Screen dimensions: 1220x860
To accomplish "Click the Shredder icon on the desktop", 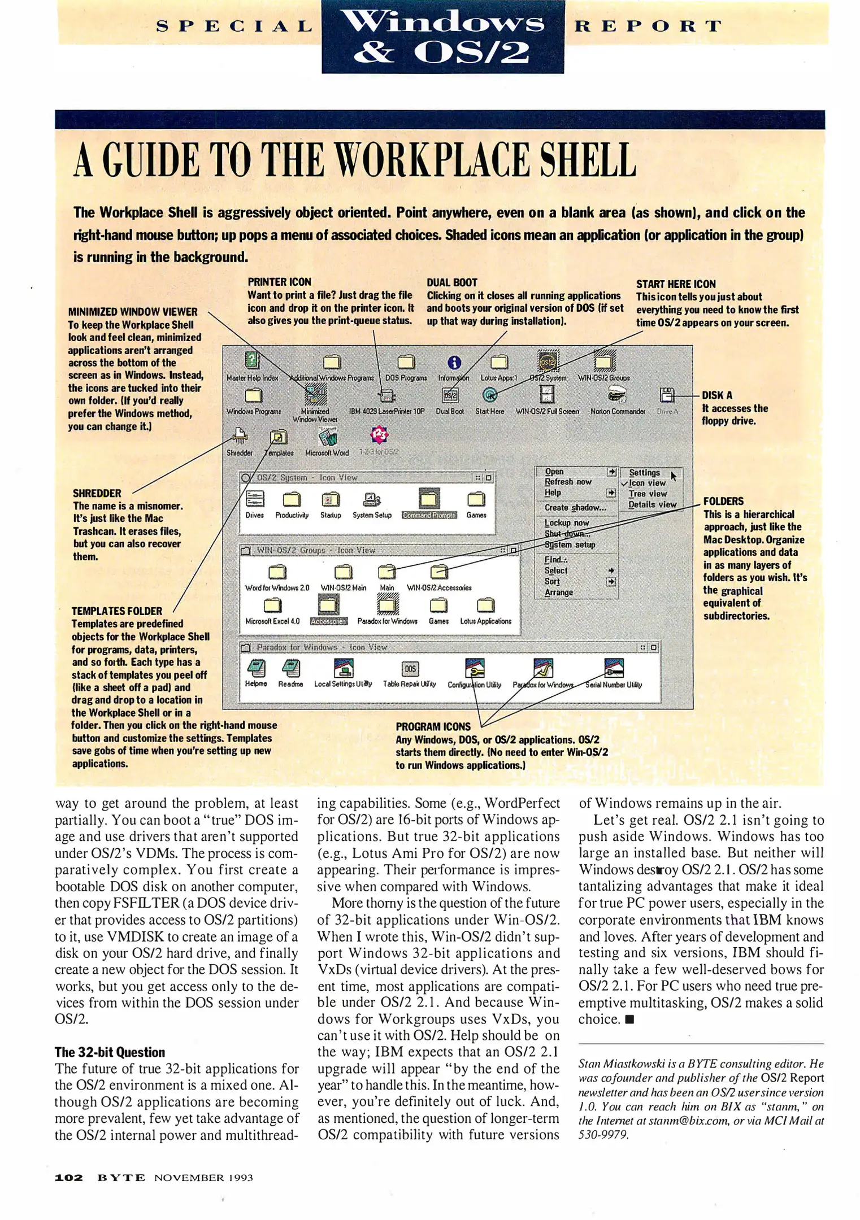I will (240, 434).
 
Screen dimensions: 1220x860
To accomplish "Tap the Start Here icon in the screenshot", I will (490, 395).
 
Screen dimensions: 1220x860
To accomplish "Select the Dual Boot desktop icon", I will (450, 395).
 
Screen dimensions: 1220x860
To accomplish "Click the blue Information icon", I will (454, 363).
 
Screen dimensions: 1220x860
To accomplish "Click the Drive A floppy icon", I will (667, 395).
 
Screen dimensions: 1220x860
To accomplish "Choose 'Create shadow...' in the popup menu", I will (575, 507).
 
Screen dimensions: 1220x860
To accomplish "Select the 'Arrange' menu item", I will (559, 592).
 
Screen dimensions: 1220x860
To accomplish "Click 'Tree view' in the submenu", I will (648, 494).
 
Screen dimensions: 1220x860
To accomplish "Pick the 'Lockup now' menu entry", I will (567, 523).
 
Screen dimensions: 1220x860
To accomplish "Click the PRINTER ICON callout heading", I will (279, 282).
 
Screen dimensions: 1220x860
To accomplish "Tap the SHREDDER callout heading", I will (97, 493).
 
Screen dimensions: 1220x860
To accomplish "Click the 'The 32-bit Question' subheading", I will (110, 1052).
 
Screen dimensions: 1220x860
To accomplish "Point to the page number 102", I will (68, 1178).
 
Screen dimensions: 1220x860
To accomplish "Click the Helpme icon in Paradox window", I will (256, 669).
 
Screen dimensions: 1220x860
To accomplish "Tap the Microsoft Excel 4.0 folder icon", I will (272, 605).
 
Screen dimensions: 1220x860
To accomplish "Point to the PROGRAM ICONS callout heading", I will (433, 727).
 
